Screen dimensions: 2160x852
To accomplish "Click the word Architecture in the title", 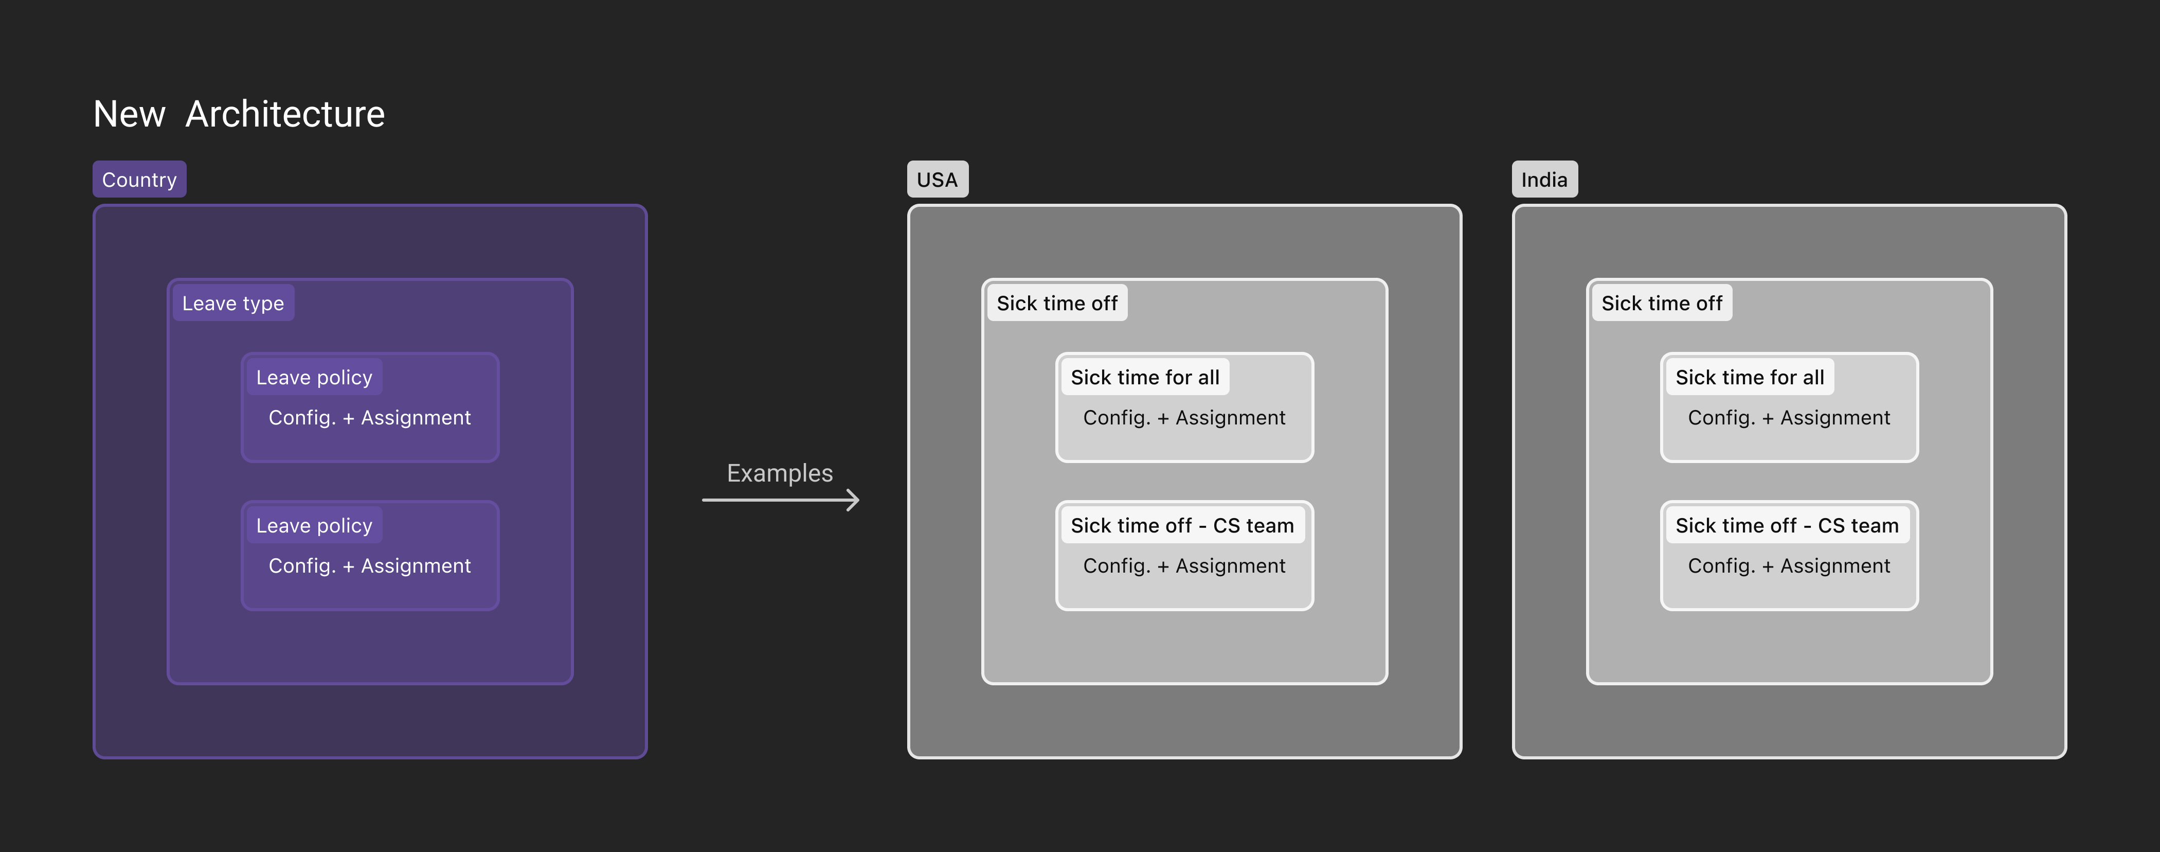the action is click(285, 114).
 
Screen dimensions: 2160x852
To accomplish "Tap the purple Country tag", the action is click(139, 180).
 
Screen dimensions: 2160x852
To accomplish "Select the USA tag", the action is click(938, 180).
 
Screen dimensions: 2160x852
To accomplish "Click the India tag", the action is click(1544, 180).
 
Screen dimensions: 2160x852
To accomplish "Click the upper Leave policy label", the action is click(314, 377).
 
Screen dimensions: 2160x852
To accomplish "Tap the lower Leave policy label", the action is click(314, 526).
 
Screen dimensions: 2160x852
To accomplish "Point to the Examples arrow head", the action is click(857, 500).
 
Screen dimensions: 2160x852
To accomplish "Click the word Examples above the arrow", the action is click(780, 473).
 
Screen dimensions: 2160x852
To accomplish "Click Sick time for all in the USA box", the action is click(1145, 377).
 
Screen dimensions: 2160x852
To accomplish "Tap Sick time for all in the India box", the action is click(1750, 377).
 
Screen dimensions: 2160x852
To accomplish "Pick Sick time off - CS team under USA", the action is click(1182, 526).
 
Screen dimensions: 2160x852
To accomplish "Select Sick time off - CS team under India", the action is click(1787, 526).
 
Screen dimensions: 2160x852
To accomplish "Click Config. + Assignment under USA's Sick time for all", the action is click(1184, 418).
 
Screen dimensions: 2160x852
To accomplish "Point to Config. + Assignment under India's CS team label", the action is click(1789, 566).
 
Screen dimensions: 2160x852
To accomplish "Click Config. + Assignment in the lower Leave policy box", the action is click(370, 566).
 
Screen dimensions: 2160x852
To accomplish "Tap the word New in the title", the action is click(129, 114).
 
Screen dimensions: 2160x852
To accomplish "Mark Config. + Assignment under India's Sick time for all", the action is click(1789, 418).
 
